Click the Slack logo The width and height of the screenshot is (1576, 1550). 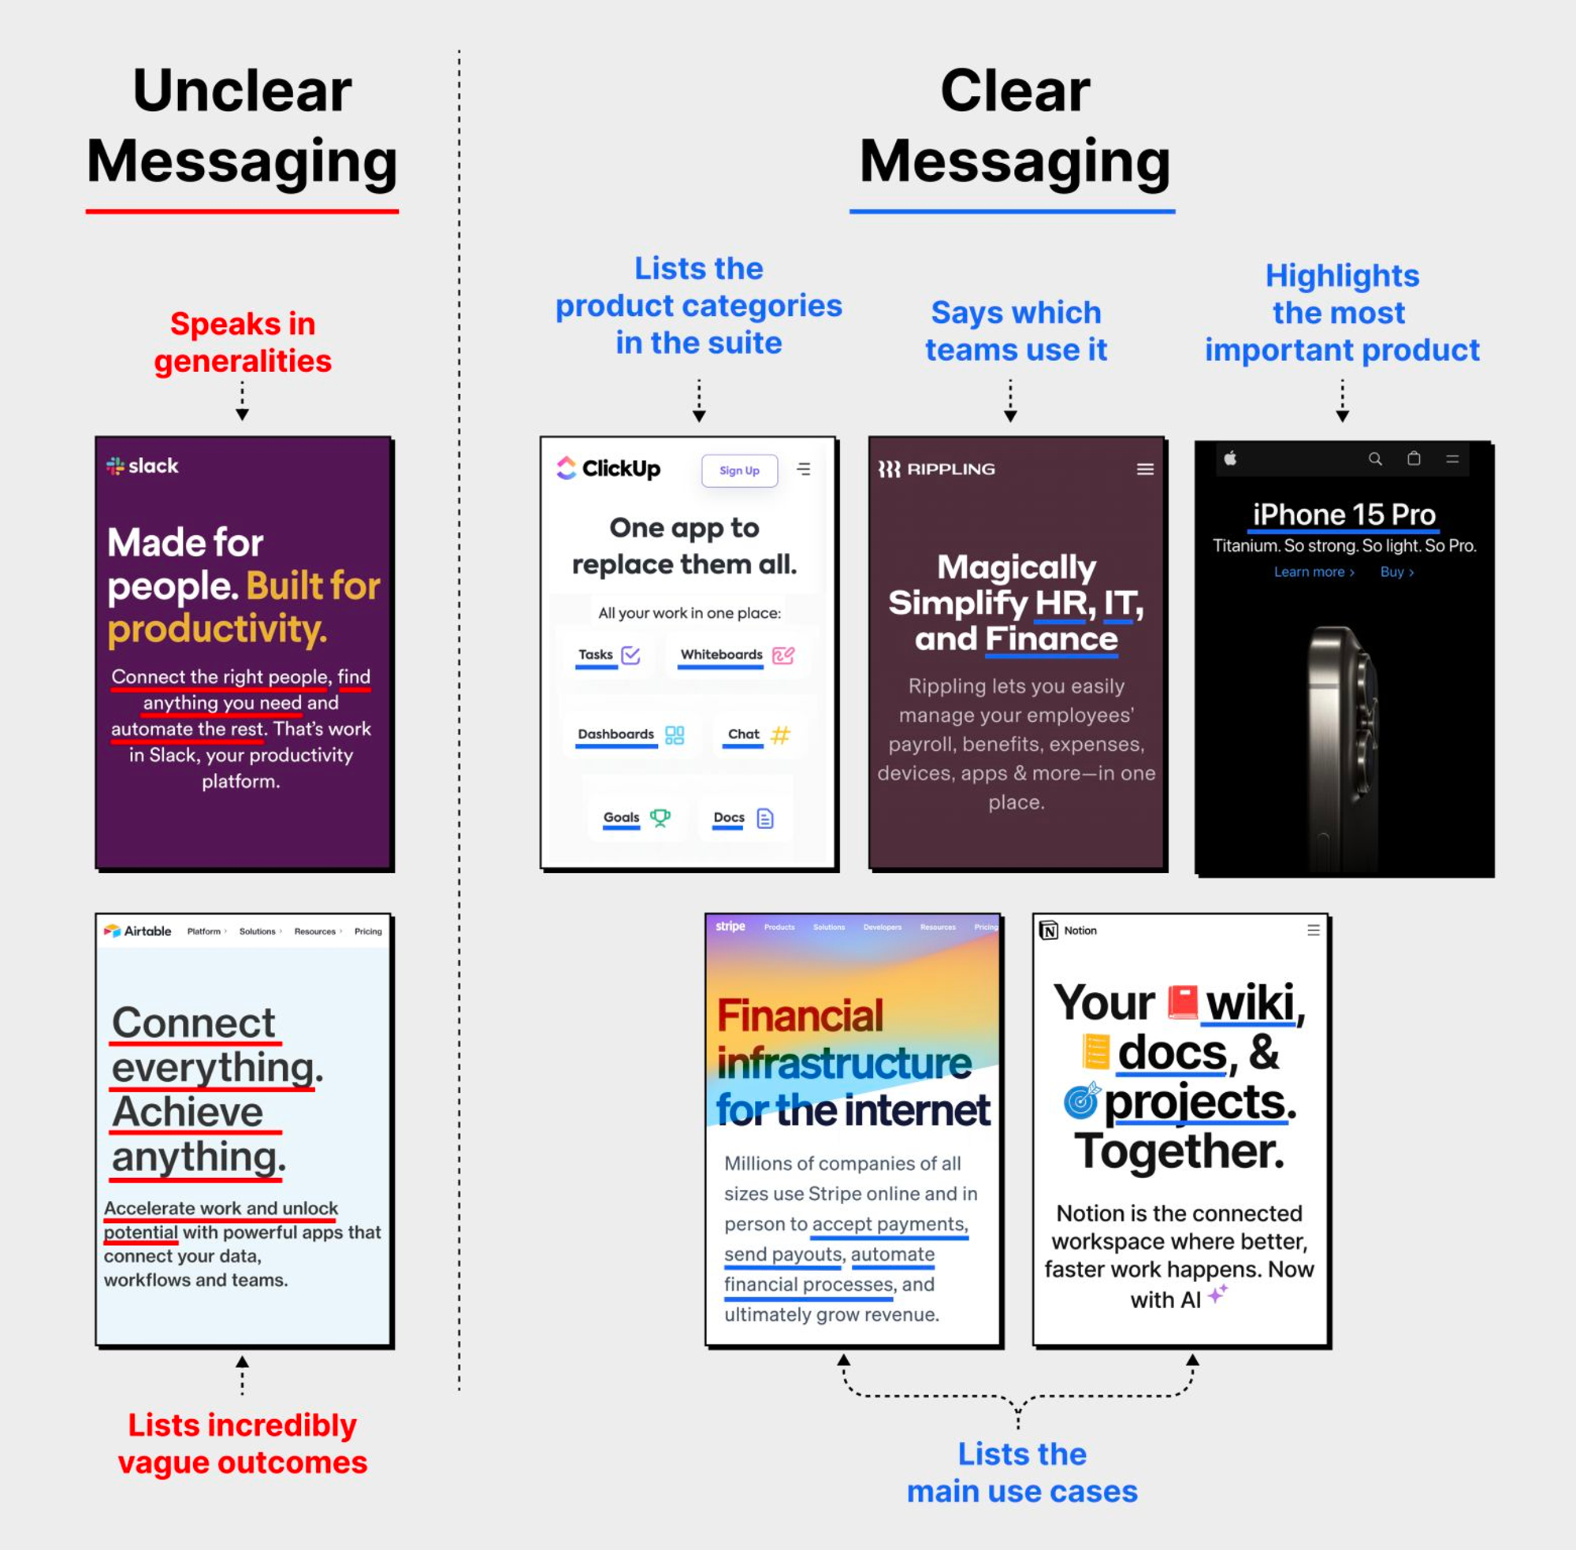click(x=143, y=466)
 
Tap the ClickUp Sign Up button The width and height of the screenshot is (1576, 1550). click(x=739, y=470)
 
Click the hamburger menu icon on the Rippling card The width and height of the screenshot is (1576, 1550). click(x=1144, y=469)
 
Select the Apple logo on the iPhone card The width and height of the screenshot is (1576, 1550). click(x=1230, y=459)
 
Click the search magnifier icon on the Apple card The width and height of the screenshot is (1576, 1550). click(x=1375, y=459)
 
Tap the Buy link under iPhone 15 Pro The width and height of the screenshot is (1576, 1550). click(x=1397, y=571)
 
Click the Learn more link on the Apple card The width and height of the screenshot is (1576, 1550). click(x=1314, y=571)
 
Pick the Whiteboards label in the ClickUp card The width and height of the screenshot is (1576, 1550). click(x=721, y=655)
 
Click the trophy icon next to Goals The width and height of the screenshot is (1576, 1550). click(x=660, y=817)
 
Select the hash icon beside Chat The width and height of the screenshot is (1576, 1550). click(x=780, y=735)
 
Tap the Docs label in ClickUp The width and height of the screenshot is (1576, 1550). click(x=729, y=817)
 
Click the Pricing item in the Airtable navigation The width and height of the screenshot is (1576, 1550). click(x=368, y=931)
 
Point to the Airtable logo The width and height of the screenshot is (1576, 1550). click(x=138, y=931)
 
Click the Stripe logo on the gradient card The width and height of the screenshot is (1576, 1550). click(x=730, y=927)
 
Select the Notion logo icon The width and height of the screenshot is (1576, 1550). click(x=1049, y=931)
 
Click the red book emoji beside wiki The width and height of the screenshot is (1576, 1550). click(x=1182, y=1002)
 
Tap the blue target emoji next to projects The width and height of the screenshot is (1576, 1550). click(x=1082, y=1101)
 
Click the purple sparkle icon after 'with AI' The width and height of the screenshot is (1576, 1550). click(x=1217, y=1294)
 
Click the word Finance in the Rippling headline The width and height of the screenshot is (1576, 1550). click(x=1051, y=639)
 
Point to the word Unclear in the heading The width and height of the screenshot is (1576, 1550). click(x=243, y=91)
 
